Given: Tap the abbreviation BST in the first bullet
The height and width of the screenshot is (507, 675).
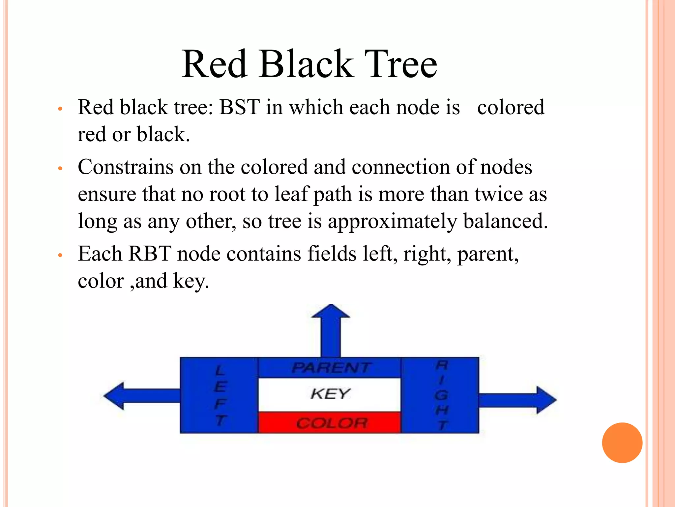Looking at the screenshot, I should pos(240,107).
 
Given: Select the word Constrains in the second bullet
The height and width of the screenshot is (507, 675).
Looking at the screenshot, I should pos(126,167).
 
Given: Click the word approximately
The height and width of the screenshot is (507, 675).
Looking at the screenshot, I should pos(392,221).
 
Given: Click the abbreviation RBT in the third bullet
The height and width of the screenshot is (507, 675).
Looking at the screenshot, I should pos(150,254).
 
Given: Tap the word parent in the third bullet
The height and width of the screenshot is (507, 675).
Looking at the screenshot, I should pos(487,254).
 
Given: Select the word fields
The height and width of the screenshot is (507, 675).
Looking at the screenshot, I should pos(332,254).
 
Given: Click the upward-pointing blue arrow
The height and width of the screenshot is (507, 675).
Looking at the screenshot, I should pos(331,330).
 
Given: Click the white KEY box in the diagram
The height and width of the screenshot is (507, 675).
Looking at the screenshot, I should pos(330,394).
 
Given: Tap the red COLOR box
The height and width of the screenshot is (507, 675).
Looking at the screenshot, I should pos(330,422).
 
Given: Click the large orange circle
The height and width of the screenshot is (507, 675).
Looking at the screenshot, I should pos(622,443).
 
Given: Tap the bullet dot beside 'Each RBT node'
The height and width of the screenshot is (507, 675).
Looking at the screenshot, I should pos(60,255).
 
